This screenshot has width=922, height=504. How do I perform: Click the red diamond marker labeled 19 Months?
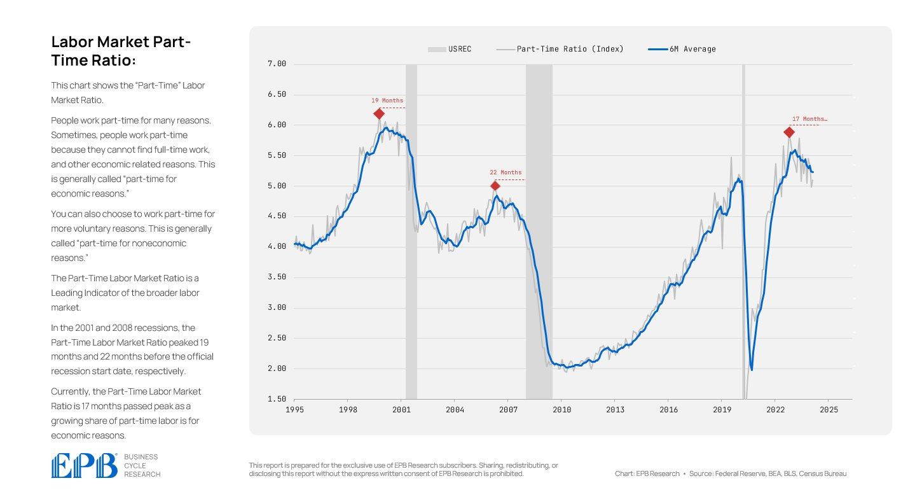coord(379,114)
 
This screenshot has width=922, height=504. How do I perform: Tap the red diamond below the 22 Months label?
coord(495,186)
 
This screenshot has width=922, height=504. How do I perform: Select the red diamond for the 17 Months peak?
coord(789,132)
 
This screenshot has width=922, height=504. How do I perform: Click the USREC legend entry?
coord(450,49)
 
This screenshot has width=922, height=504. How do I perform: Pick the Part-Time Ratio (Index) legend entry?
coord(560,49)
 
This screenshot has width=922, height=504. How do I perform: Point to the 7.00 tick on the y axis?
coord(277,64)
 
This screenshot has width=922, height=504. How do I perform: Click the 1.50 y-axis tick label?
coord(277,399)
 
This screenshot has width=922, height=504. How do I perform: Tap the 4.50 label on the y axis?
coord(277,216)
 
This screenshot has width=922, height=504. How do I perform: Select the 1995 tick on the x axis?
coord(294,411)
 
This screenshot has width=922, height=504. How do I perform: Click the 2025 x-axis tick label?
coord(828,411)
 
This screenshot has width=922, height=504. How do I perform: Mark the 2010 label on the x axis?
coord(561,411)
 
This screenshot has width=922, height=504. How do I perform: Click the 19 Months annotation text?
coord(387,101)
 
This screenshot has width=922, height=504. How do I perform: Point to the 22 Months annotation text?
coord(506,172)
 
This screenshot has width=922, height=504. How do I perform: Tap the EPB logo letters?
coord(85,465)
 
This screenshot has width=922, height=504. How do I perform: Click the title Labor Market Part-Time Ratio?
coord(121,51)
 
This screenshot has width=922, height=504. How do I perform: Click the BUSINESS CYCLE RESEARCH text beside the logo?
coord(142,465)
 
